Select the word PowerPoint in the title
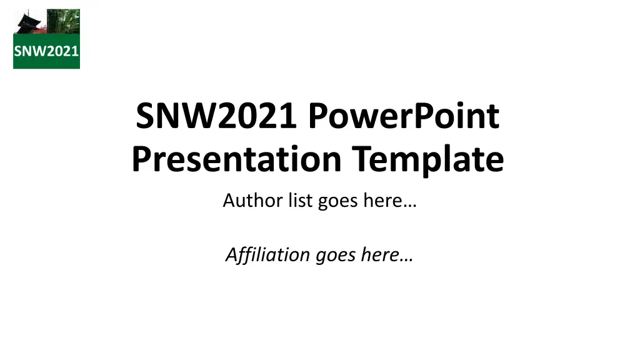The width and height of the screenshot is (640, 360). click(403, 116)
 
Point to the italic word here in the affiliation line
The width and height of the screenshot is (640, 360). click(379, 255)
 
